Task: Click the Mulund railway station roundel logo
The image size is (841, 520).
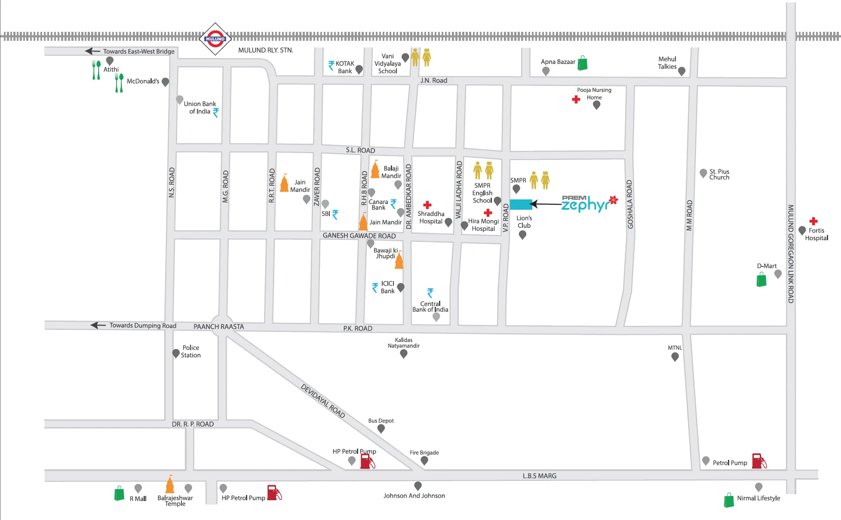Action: click(x=215, y=39)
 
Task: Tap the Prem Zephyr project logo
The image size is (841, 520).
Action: click(x=589, y=204)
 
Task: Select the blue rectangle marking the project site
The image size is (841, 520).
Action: click(x=521, y=204)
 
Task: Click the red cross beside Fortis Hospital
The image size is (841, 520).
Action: click(x=813, y=221)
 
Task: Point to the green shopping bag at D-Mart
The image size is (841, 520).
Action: click(x=761, y=280)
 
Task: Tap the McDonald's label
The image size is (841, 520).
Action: click(x=143, y=81)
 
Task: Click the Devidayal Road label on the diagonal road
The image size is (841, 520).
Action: click(x=322, y=401)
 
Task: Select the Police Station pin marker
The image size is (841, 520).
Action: click(x=176, y=353)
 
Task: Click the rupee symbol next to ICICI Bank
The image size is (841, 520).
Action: click(x=375, y=288)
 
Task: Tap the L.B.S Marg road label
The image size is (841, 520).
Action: click(x=539, y=476)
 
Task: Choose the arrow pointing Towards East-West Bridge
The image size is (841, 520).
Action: click(x=92, y=51)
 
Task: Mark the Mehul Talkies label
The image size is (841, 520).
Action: click(x=667, y=63)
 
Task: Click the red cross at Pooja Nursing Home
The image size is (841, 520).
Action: click(x=576, y=99)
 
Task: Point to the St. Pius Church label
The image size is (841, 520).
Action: click(x=719, y=174)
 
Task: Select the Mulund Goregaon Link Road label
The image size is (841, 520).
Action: click(x=790, y=254)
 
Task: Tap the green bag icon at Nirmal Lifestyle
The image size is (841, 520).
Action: click(x=729, y=500)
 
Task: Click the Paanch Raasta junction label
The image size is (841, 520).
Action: click(x=218, y=327)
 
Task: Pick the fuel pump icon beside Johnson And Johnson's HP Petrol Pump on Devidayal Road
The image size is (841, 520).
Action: click(x=367, y=461)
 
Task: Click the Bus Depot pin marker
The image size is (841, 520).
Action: click(x=381, y=428)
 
